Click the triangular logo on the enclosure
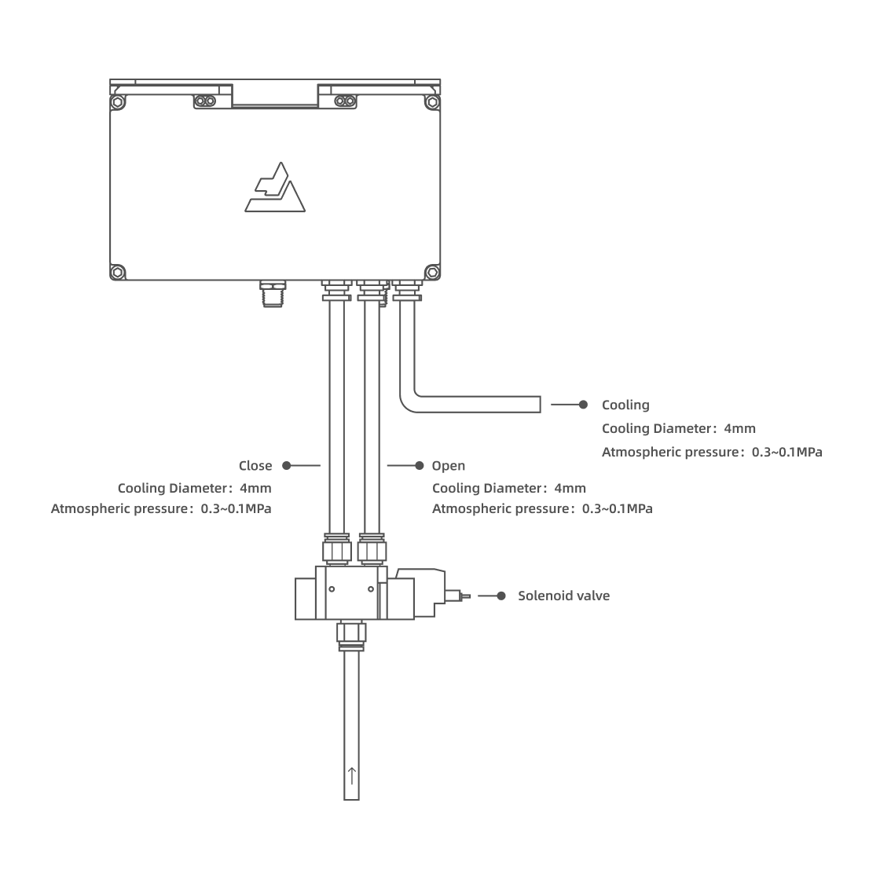tap(274, 188)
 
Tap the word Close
tap(255, 466)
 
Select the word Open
tap(449, 466)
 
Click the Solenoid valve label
tap(563, 596)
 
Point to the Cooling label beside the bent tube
tap(625, 405)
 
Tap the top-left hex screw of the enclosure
tap(118, 102)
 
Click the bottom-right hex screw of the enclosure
tap(431, 272)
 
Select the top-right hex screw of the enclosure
tap(431, 102)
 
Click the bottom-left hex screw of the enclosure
tap(118, 272)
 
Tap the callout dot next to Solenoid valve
tap(502, 596)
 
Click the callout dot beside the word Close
tap(287, 466)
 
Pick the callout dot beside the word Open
tap(420, 466)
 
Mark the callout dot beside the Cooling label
tap(583, 405)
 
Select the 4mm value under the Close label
tap(255, 488)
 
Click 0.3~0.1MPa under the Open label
tap(617, 508)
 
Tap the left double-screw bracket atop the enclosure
tap(206, 101)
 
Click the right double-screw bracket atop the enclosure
tap(343, 101)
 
